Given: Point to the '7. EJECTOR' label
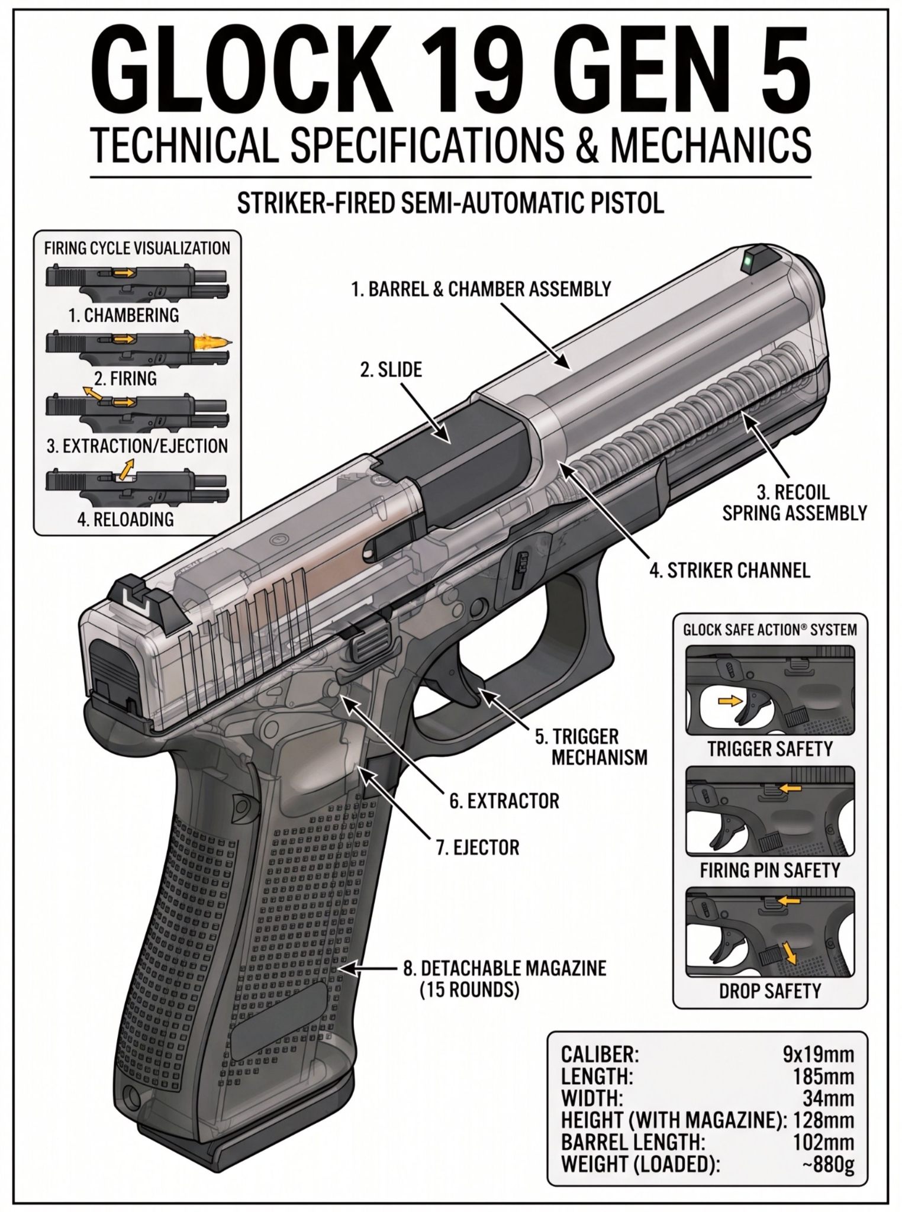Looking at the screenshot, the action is [478, 847].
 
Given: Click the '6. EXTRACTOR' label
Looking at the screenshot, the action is [504, 801].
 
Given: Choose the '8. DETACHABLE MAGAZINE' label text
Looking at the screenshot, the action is [505, 969].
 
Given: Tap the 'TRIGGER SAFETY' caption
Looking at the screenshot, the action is [770, 749].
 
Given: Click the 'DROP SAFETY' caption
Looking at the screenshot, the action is [770, 991].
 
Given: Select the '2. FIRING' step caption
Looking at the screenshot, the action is [125, 378].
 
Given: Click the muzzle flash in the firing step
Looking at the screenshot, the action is [210, 344].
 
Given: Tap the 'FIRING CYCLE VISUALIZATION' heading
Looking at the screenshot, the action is [137, 248].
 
